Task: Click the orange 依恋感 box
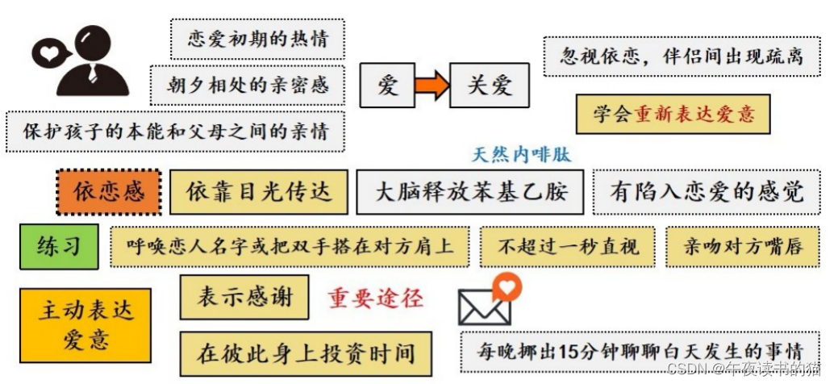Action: tap(109, 192)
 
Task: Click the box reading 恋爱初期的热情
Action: tap(257, 39)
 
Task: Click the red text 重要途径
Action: tap(375, 298)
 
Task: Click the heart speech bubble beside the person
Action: tap(50, 54)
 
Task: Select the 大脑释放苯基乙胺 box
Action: tap(470, 192)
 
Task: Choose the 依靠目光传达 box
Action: tap(258, 192)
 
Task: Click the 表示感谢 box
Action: tap(244, 297)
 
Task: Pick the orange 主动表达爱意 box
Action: tap(85, 324)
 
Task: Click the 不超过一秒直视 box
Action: tap(568, 246)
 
